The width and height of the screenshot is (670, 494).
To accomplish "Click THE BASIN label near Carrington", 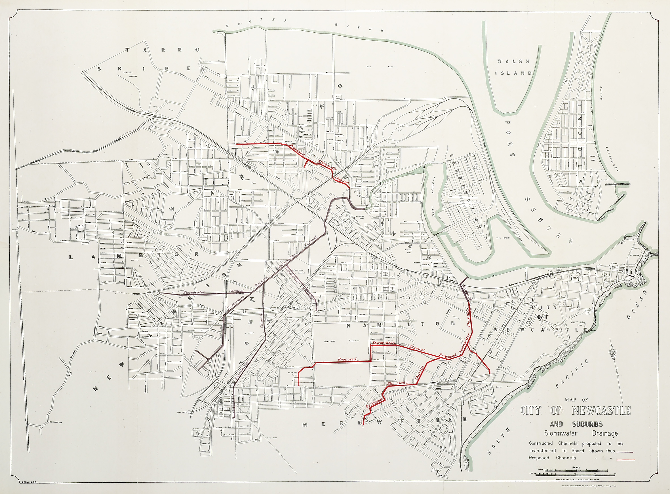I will coord(502,238).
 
